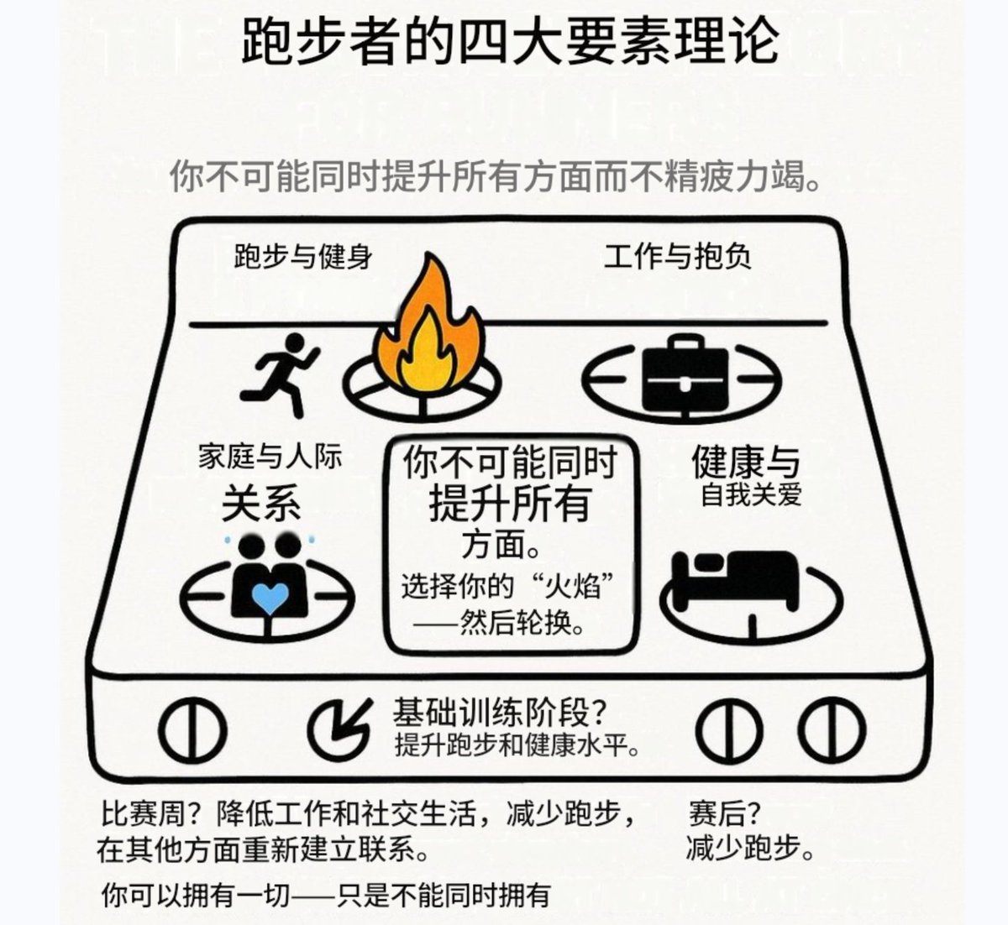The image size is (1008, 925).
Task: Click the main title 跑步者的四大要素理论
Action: pos(510,41)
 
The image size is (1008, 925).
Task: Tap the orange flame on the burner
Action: pos(428,327)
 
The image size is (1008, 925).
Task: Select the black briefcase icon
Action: pos(685,373)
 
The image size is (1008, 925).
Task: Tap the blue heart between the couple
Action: pos(270,598)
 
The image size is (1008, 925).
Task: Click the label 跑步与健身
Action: pos(303,257)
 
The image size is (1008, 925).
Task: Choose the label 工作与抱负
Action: pos(677,256)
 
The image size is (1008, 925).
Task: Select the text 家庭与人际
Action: pos(270,457)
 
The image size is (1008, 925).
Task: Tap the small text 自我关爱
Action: pos(751,494)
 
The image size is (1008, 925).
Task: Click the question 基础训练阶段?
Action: pos(501,712)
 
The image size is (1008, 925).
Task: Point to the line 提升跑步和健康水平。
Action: pos(517,745)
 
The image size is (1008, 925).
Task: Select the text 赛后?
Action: pos(723,814)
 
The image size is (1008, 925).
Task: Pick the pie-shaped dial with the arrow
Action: pos(339,728)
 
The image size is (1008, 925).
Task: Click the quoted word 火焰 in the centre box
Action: pos(573,587)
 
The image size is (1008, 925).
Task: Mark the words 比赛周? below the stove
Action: pos(150,814)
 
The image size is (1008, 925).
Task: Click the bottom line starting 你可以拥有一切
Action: pos(326,895)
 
